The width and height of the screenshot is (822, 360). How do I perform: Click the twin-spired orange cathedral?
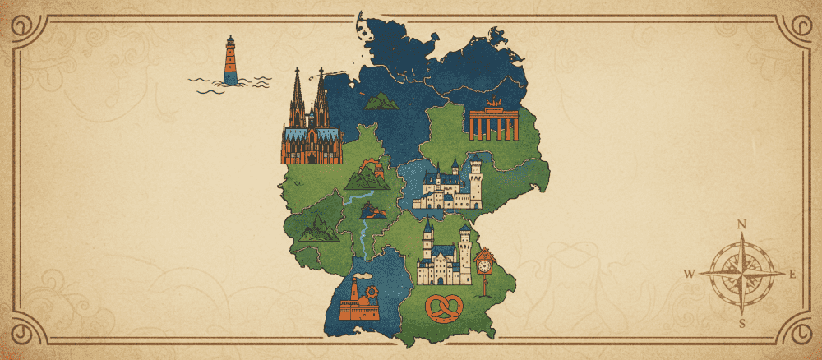310,123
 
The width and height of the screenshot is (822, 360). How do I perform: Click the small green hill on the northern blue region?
380,100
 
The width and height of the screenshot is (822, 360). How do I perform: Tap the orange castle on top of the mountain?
377,168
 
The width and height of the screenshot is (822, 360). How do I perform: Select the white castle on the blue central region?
449,184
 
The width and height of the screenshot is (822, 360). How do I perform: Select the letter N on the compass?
741,224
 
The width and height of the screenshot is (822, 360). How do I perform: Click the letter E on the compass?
792,275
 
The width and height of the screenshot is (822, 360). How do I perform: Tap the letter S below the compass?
741,323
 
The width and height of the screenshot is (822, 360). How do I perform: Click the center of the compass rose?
741,274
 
